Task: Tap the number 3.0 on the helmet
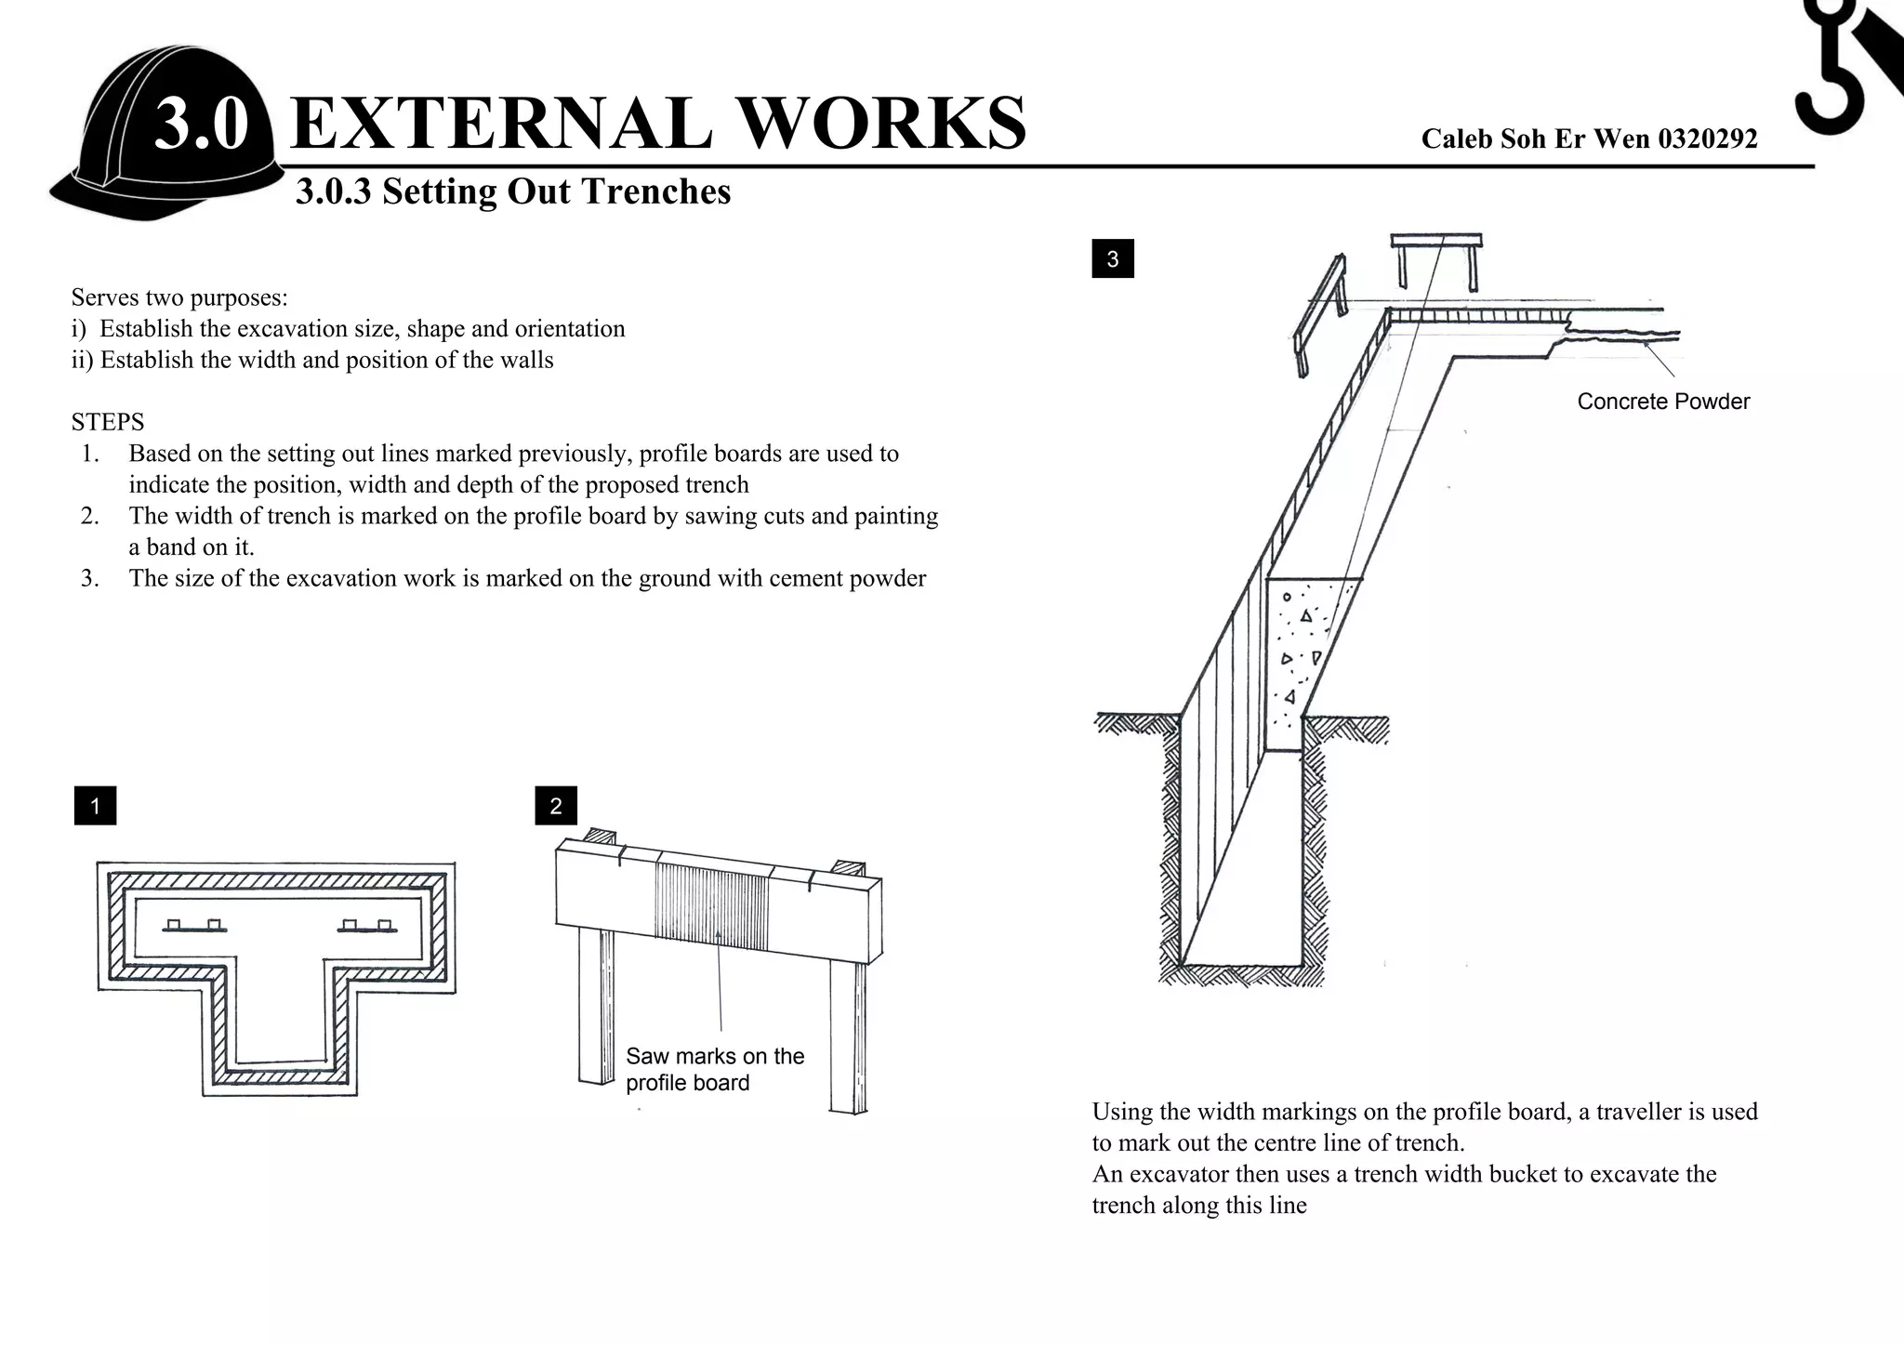coord(201,124)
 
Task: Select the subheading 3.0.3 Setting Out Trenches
coord(513,191)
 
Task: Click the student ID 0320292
coord(1707,139)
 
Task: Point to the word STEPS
coord(108,423)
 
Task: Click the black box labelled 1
coord(95,806)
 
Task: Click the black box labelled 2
coord(556,806)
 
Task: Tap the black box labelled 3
coord(1113,259)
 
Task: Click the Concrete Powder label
coord(1663,402)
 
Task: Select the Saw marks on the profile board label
coord(714,1069)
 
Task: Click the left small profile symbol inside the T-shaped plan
coord(194,927)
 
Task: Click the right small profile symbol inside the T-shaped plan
coord(367,927)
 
